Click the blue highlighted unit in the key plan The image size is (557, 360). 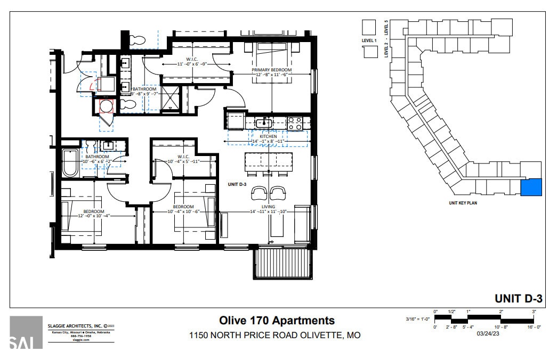[x=531, y=187]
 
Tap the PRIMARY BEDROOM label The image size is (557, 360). [x=273, y=70]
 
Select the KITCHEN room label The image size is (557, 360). [x=268, y=136]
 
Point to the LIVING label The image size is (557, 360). [x=268, y=206]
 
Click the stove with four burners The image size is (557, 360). [x=295, y=124]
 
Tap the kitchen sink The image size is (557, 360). [x=263, y=124]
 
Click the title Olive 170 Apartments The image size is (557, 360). [x=277, y=320]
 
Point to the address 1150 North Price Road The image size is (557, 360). [x=275, y=336]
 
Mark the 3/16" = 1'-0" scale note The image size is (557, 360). [x=418, y=319]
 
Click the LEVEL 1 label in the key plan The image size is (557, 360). [x=369, y=40]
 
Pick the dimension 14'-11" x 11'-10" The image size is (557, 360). [x=268, y=211]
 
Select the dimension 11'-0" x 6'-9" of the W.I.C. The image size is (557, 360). [x=192, y=64]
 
